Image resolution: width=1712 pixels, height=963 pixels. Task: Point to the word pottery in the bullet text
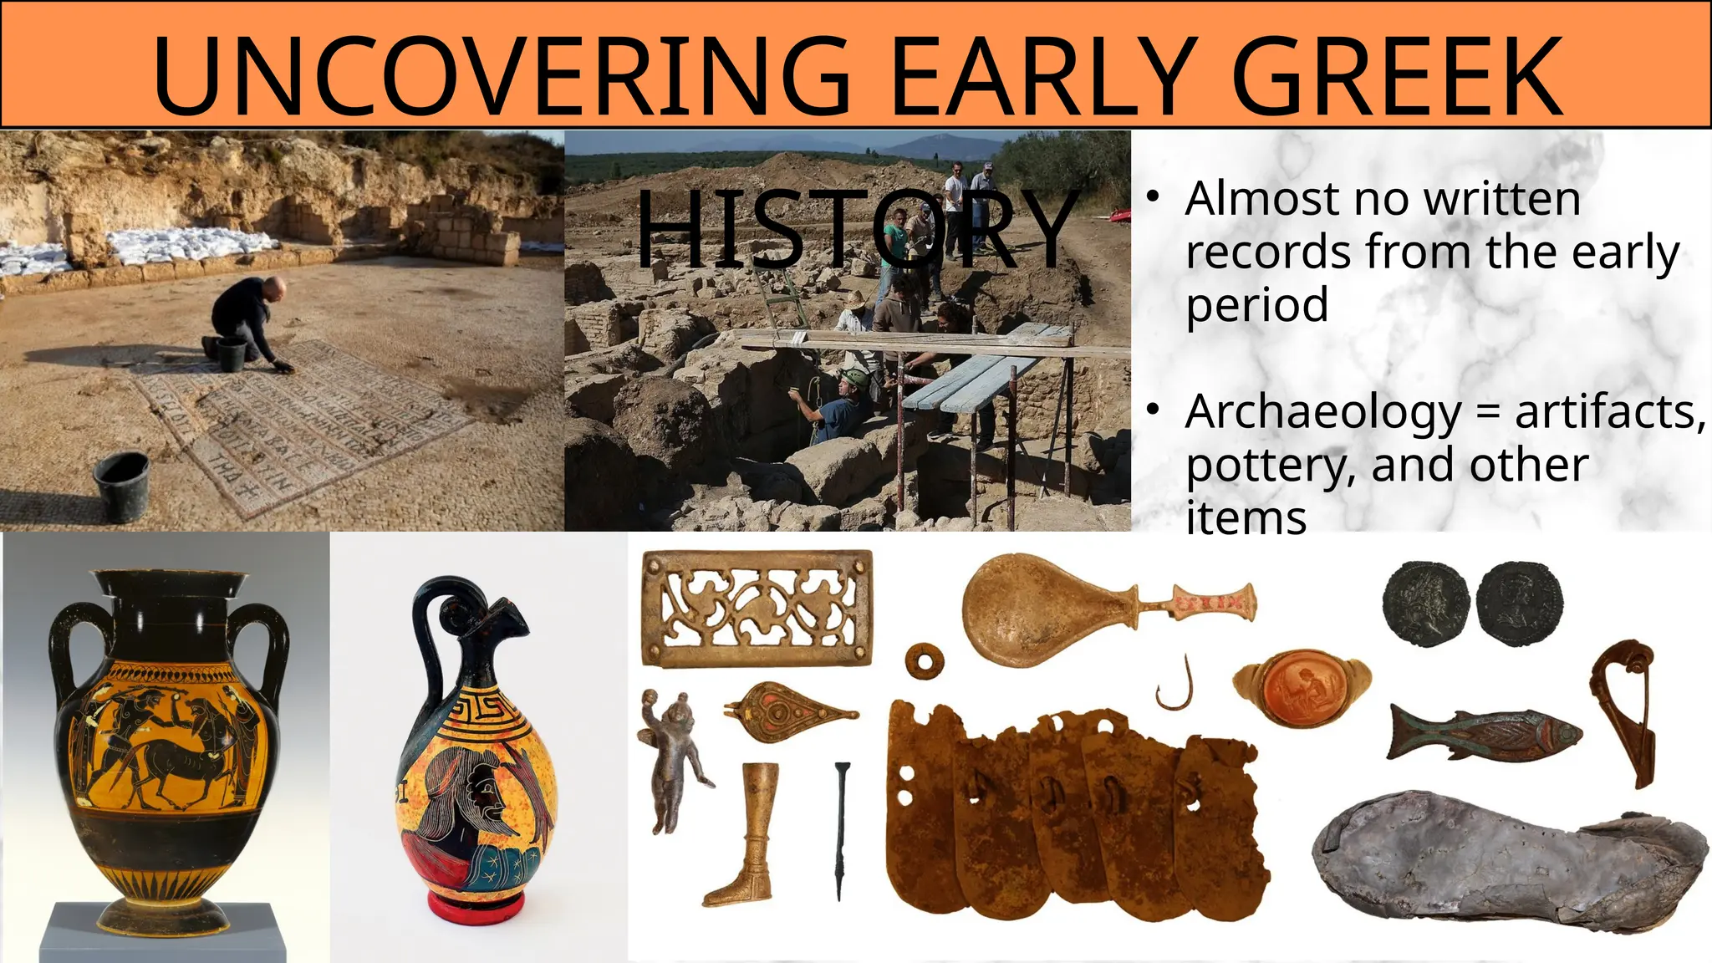pyautogui.click(x=1271, y=466)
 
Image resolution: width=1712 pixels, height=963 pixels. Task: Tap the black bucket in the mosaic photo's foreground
pyautogui.click(x=121, y=487)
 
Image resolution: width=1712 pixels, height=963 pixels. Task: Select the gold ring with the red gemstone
pyautogui.click(x=1302, y=689)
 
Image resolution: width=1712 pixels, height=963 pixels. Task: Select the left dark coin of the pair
pyautogui.click(x=1425, y=602)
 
